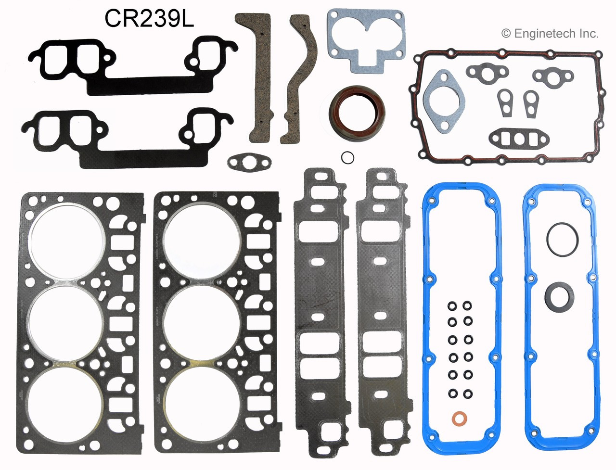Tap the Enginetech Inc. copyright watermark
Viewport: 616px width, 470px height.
550,33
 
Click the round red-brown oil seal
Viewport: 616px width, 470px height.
357,114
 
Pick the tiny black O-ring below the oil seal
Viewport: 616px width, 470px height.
348,157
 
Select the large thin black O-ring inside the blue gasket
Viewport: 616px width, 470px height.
562,237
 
